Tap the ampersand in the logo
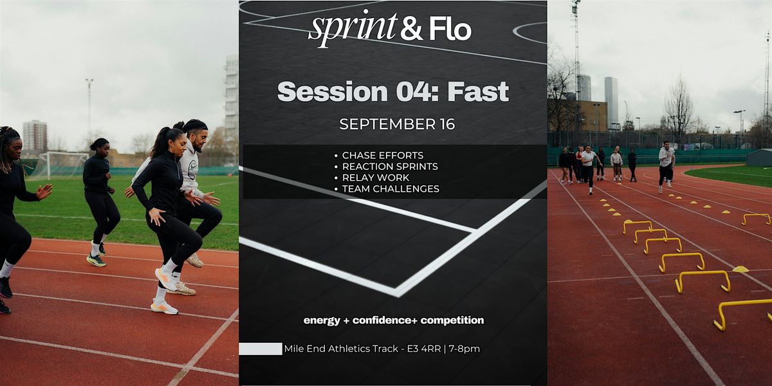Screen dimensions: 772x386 click(x=411, y=29)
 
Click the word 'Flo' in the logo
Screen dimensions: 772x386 click(x=450, y=29)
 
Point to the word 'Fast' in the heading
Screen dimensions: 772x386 click(x=478, y=91)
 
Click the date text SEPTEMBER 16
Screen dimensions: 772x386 click(x=397, y=124)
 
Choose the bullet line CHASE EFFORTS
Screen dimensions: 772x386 click(x=383, y=156)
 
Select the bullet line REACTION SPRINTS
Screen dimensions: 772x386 click(x=390, y=167)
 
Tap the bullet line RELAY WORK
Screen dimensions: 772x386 click(x=375, y=178)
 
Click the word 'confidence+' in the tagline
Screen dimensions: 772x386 click(x=385, y=320)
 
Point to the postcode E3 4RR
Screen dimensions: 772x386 click(x=423, y=349)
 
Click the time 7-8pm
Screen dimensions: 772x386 click(x=464, y=349)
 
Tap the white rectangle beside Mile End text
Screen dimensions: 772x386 click(x=261, y=349)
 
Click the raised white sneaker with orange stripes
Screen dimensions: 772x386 click(x=166, y=279)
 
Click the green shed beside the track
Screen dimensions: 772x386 click(x=759, y=158)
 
